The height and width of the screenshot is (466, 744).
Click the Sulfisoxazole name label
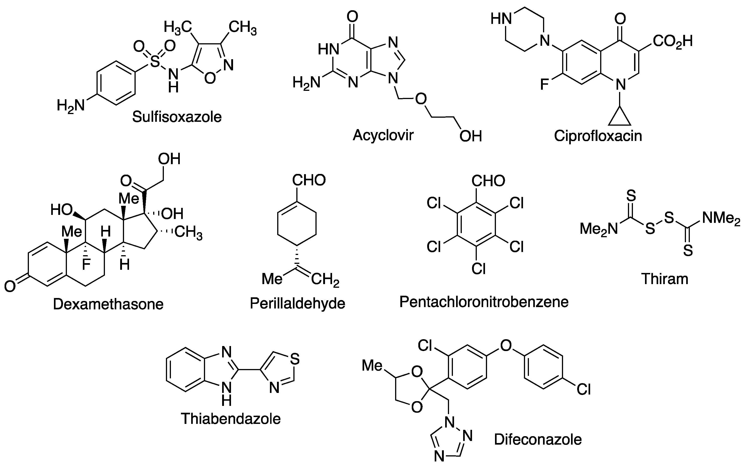point(177,117)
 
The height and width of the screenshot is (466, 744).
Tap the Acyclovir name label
point(383,135)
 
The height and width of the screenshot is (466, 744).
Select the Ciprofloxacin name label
point(598,136)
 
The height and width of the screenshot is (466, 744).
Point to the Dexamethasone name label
point(108,304)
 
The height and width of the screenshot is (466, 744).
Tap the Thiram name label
point(665,279)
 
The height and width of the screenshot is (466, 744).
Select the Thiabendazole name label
point(231,419)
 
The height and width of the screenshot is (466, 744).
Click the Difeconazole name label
point(538,440)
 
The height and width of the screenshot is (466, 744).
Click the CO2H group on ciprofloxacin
point(672,41)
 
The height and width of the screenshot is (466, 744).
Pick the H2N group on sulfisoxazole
point(71,106)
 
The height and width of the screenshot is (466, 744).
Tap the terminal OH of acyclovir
point(470,136)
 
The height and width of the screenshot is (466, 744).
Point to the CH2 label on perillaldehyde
point(325,280)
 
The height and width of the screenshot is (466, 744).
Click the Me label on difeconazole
point(372,366)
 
